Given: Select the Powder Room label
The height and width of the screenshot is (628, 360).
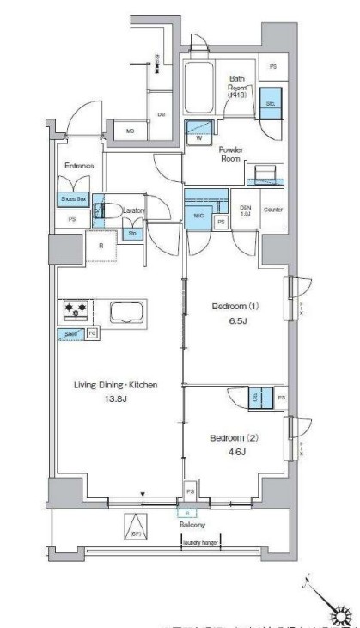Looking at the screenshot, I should (231, 153).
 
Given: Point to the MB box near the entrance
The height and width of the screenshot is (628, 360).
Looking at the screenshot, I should (131, 131).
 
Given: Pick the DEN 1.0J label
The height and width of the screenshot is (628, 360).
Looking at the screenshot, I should (245, 211).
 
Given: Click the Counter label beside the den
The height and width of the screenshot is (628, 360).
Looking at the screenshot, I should (273, 210).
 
